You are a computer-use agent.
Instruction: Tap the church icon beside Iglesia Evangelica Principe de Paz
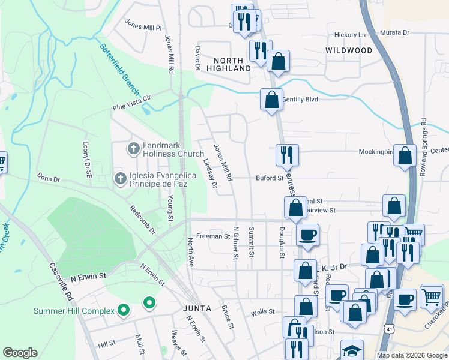[120, 178]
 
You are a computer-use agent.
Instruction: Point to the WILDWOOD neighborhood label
[349, 50]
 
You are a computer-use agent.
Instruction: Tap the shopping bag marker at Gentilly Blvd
[271, 98]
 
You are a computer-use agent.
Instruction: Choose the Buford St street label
[269, 178]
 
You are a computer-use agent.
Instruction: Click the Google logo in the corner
[20, 353]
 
